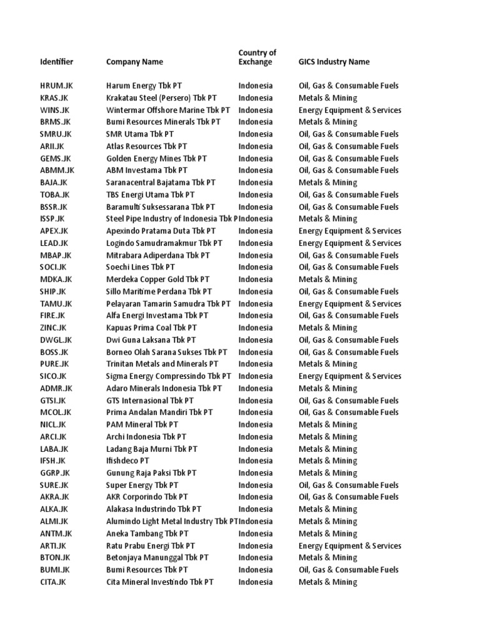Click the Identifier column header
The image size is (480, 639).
click(56, 62)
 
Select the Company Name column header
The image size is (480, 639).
click(134, 62)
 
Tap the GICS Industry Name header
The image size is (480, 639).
click(334, 62)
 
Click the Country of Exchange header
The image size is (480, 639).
click(257, 57)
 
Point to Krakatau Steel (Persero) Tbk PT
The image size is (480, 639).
click(162, 98)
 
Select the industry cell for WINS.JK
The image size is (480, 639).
click(349, 110)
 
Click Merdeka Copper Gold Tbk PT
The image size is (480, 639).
click(157, 280)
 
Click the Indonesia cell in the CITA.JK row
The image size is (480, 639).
click(255, 582)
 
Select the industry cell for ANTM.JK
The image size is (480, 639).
click(327, 534)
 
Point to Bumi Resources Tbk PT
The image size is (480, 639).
click(147, 570)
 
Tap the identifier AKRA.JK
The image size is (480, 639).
click(54, 497)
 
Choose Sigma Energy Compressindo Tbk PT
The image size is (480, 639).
click(169, 376)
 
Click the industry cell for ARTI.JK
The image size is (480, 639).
click(349, 546)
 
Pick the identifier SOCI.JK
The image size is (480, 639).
click(54, 267)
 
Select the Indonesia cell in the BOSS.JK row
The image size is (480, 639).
click(255, 352)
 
